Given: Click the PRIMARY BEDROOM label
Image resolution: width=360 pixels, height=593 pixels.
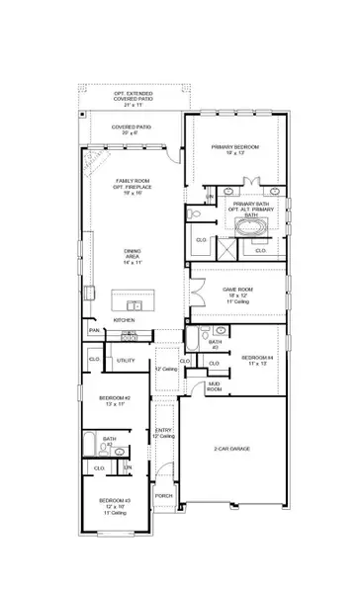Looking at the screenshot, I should (234, 149).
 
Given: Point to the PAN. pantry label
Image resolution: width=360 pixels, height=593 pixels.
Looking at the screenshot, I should (93, 330).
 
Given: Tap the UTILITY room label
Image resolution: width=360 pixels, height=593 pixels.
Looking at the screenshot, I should (126, 362).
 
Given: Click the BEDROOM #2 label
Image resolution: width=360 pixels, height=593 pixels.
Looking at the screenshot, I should (114, 401).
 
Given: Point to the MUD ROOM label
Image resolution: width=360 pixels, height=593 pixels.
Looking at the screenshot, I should (214, 389).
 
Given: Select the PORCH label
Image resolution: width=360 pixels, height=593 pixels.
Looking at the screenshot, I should (163, 496).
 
